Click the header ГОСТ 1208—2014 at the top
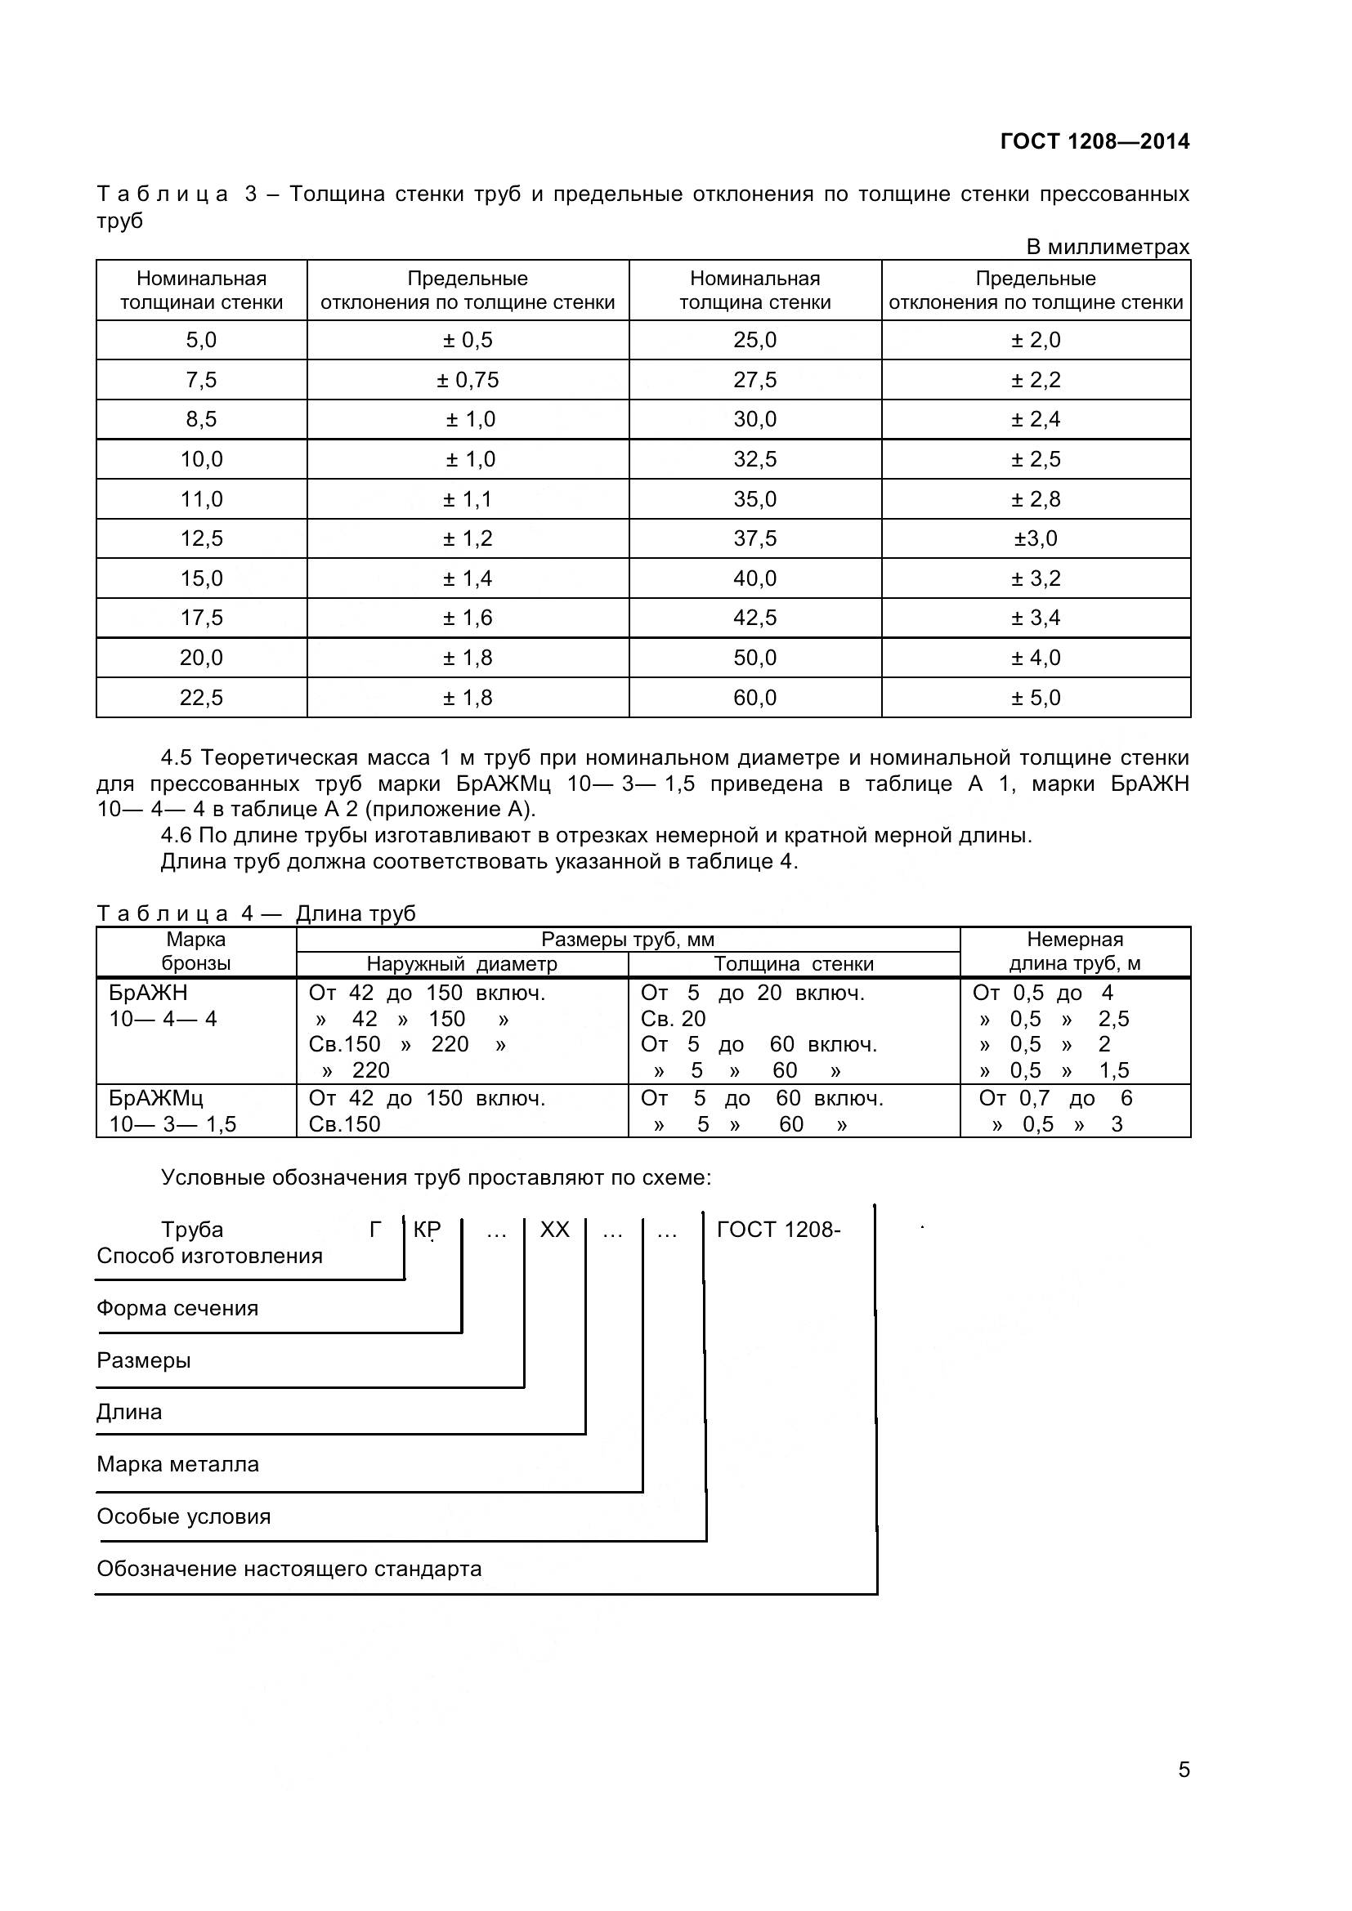[x=1094, y=141]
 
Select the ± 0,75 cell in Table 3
[x=468, y=381]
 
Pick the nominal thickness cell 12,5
[x=201, y=538]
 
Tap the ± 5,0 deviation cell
[x=1036, y=698]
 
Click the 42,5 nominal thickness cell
[x=754, y=618]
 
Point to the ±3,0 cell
[x=1036, y=538]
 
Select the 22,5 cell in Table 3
[x=201, y=698]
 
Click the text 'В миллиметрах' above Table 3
[x=1108, y=248]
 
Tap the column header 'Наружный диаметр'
[x=462, y=964]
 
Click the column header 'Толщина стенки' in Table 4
[x=794, y=964]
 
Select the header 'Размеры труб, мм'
[x=628, y=940]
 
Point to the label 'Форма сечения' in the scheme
[x=177, y=1308]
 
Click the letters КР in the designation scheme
[x=427, y=1230]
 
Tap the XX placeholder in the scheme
[x=554, y=1230]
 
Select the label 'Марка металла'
[x=177, y=1464]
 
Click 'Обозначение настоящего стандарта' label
[x=289, y=1569]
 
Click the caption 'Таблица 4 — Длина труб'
[x=257, y=914]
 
